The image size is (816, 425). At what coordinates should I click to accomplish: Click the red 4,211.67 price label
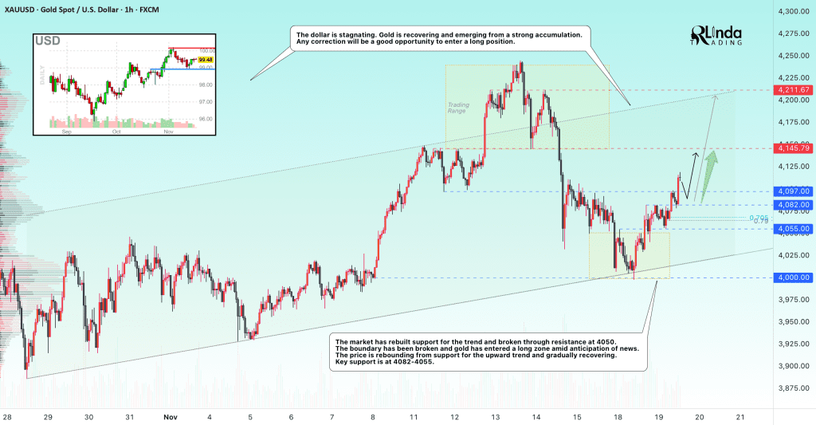793,90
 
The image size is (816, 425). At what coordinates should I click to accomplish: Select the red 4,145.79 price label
793,148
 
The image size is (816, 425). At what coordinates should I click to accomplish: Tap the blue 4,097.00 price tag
793,191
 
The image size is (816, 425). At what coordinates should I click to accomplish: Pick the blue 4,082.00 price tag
793,205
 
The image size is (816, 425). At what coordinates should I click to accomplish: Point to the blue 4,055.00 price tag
793,229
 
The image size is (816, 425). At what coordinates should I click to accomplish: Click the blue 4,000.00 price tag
793,277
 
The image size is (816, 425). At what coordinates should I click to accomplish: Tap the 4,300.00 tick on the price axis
794,12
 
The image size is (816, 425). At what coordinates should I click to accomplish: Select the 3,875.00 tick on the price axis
794,388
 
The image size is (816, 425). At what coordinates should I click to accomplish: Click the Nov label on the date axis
170,417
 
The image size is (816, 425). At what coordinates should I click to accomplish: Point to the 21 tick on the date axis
741,417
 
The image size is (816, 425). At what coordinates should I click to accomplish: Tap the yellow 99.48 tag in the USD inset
205,60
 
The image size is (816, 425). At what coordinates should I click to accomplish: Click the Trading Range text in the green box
457,106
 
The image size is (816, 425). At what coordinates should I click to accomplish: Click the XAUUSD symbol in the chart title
23,6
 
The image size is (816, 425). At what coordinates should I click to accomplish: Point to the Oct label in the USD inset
116,132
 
